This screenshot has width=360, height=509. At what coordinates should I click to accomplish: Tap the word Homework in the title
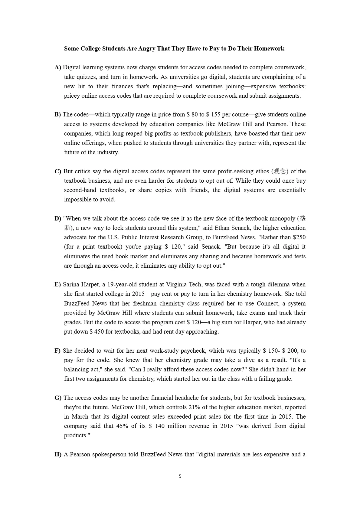(269, 49)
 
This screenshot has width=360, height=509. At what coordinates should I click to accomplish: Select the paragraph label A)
(58, 67)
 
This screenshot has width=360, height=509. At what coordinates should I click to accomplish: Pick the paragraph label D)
(58, 219)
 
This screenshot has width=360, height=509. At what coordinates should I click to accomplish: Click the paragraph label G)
(58, 398)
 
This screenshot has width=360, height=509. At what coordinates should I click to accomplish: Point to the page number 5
(180, 476)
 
